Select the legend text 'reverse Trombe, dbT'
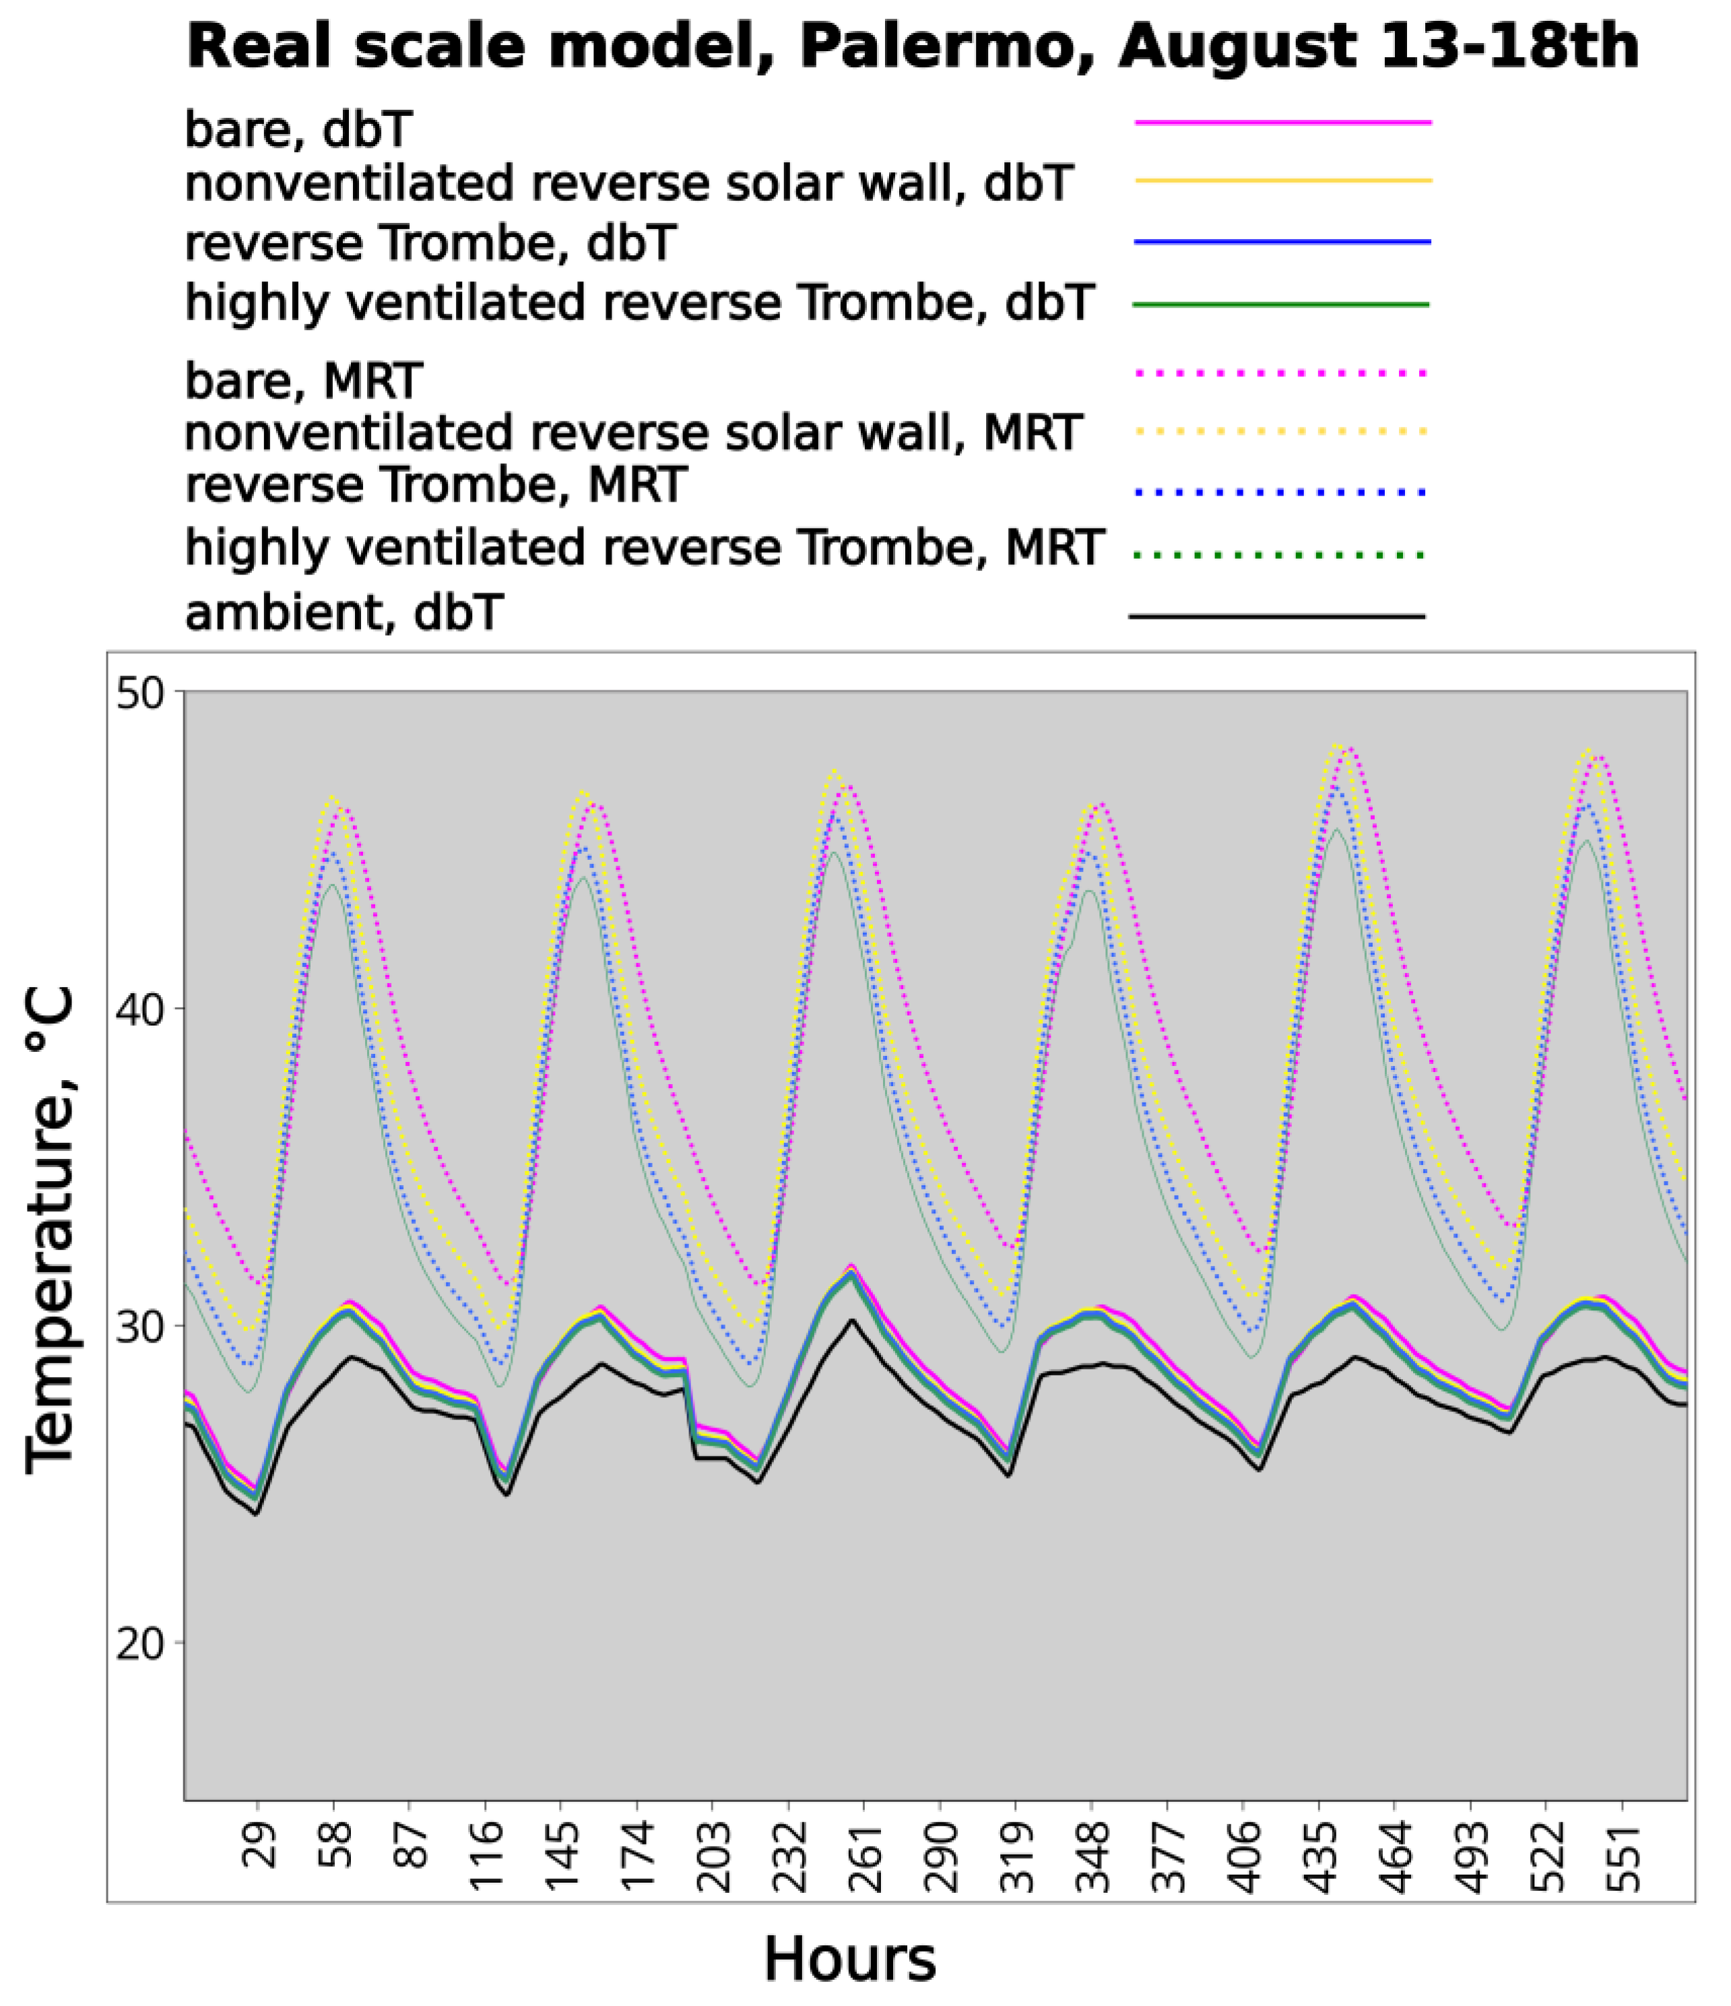coord(430,243)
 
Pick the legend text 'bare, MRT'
coord(303,380)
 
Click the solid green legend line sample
coord(1280,305)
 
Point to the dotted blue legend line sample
coord(1280,494)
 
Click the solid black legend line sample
coord(1276,615)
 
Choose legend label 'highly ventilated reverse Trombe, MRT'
coord(644,548)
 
